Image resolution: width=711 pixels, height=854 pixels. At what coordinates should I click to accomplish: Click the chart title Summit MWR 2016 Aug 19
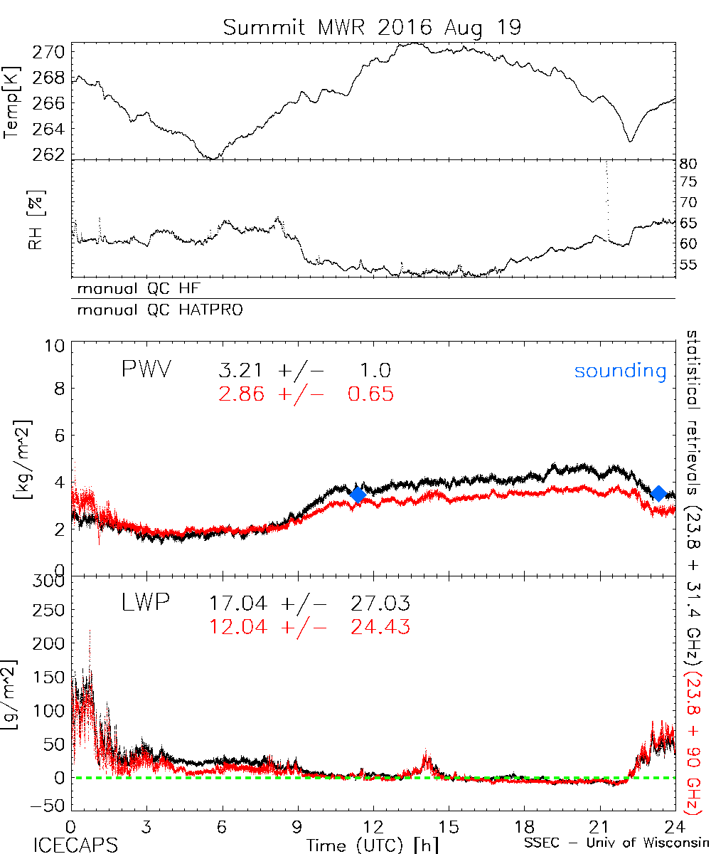pos(372,28)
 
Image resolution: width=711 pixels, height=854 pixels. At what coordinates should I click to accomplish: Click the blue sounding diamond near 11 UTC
pos(358,495)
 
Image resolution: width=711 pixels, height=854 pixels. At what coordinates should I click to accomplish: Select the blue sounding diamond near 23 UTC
pos(659,493)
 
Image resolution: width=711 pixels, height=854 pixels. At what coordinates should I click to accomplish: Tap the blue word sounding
pos(621,371)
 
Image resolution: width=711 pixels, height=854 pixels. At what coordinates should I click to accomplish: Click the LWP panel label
pos(145,603)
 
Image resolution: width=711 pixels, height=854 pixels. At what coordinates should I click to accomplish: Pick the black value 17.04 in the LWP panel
pos(238,604)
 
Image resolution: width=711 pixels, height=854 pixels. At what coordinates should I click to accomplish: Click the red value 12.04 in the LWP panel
pos(238,626)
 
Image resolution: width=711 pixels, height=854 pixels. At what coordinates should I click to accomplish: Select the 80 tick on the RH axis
pos(688,163)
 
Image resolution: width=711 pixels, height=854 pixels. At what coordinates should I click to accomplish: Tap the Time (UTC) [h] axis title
pos(363,844)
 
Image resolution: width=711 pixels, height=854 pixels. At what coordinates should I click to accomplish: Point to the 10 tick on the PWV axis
pos(58,347)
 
